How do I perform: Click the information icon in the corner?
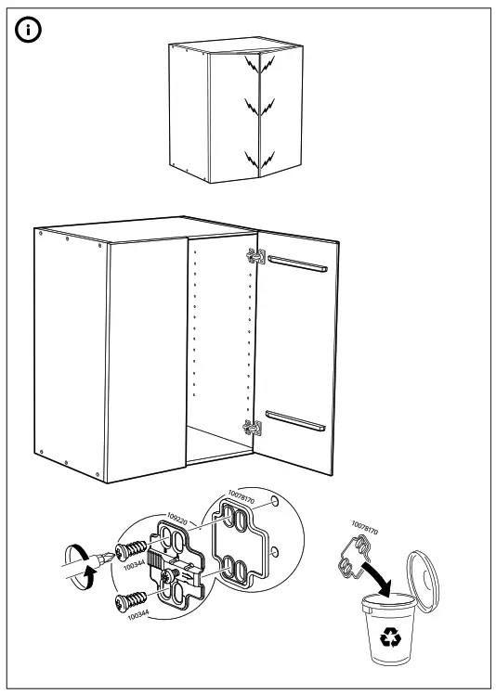pos(31,31)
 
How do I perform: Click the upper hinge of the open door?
pos(254,256)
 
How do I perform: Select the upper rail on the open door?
pos(296,264)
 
